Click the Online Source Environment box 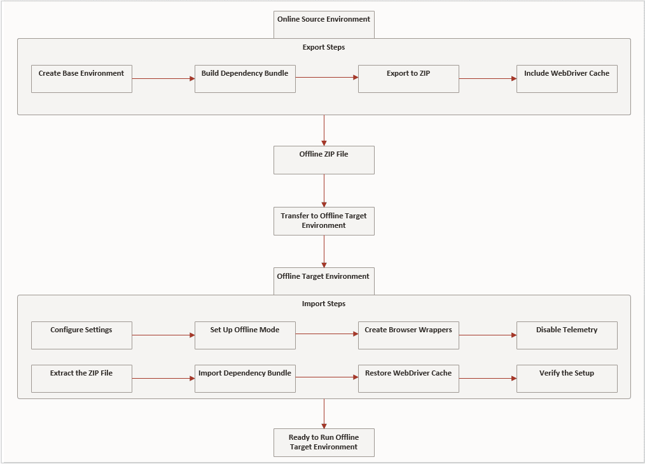[x=324, y=24]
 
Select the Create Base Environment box [x=81, y=78]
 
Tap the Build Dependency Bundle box [x=245, y=78]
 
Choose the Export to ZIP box [x=408, y=78]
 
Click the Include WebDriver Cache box [x=567, y=78]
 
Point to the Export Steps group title [x=324, y=47]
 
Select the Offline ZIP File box [x=324, y=160]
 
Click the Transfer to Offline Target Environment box [x=324, y=221]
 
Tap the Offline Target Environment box [x=324, y=281]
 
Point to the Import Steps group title [x=324, y=304]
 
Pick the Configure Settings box [x=81, y=335]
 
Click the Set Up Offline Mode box [x=245, y=335]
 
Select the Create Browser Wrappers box [x=408, y=335]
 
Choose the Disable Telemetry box [x=567, y=335]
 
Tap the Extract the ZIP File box [x=81, y=378]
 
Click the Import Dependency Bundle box [x=245, y=378]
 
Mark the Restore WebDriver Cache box [x=408, y=378]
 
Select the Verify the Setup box [x=567, y=378]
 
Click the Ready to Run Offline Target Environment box [x=324, y=442]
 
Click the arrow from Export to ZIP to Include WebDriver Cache [x=487, y=78]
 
